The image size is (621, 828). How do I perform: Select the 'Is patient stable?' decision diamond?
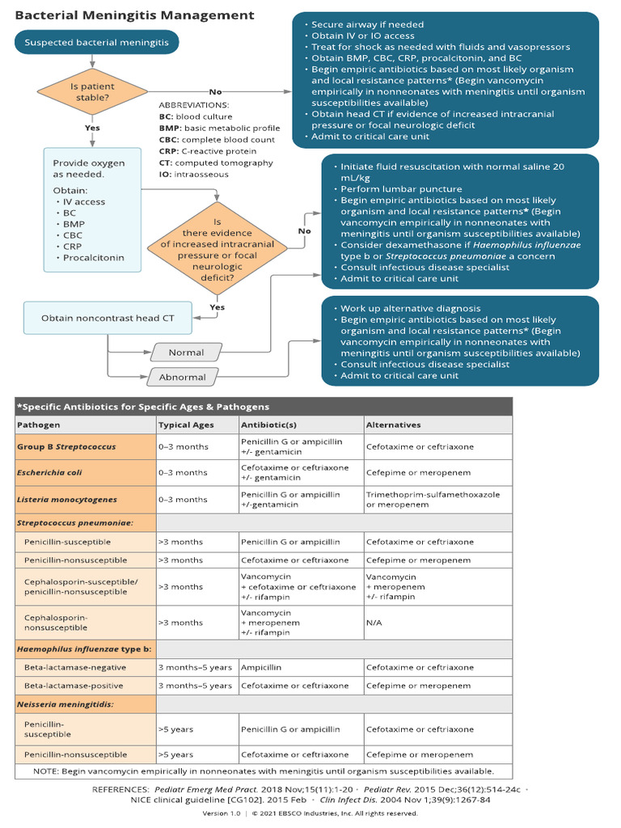pos(93,91)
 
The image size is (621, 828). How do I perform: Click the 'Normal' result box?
pos(186,353)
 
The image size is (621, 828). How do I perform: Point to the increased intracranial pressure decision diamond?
pos(218,249)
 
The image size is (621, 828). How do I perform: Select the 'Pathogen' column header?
pos(39,425)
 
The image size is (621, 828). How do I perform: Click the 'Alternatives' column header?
pos(393,425)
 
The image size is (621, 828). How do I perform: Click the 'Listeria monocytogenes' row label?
pos(67,499)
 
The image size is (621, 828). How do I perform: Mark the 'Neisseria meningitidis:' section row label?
pos(65,704)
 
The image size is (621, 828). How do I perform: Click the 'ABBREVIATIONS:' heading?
pos(193,105)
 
